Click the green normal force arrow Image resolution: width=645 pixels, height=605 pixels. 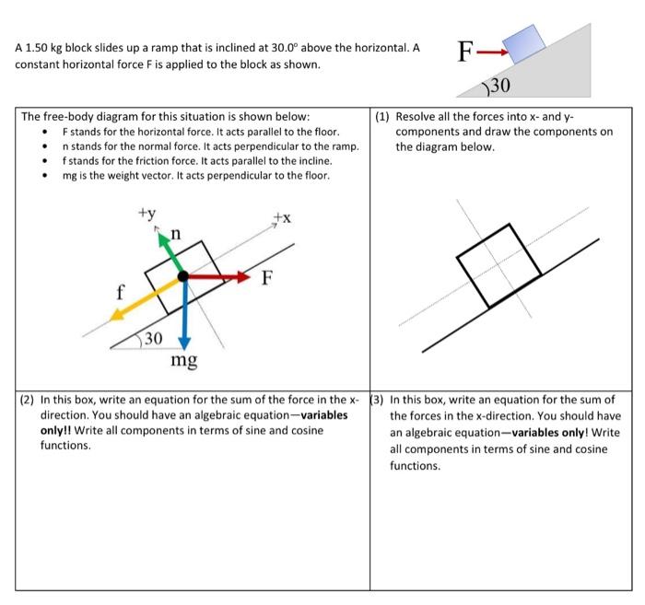(x=171, y=252)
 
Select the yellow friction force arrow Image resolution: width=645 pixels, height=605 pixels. (x=144, y=297)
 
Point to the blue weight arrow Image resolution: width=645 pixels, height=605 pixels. (x=184, y=313)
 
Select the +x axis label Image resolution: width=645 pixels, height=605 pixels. (x=282, y=217)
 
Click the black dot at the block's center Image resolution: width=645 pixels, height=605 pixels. (x=183, y=275)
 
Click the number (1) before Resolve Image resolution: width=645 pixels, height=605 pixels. (x=384, y=117)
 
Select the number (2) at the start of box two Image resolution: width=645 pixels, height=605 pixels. (x=29, y=401)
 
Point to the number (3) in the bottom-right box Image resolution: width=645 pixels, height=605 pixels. (x=378, y=401)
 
